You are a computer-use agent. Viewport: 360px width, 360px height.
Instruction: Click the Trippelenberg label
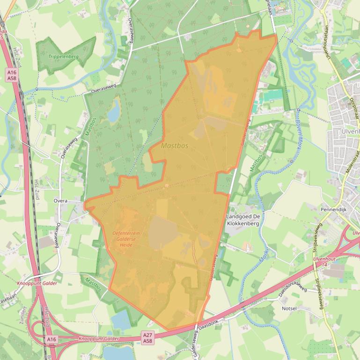pyautogui.click(x=63, y=57)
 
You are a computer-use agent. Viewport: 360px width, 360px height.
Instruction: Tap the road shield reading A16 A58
pyautogui.click(x=12, y=75)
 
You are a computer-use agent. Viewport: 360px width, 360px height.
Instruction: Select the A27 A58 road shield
pyautogui.click(x=148, y=338)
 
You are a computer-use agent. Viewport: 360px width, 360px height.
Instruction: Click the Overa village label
pyautogui.click(x=60, y=201)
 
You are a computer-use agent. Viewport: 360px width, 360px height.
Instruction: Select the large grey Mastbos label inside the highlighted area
pyautogui.click(x=175, y=146)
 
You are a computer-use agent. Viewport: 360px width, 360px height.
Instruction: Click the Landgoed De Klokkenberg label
pyautogui.click(x=243, y=220)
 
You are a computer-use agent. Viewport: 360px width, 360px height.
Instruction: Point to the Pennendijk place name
pyautogui.click(x=333, y=210)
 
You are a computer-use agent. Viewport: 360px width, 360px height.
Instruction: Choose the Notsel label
pyautogui.click(x=289, y=309)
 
